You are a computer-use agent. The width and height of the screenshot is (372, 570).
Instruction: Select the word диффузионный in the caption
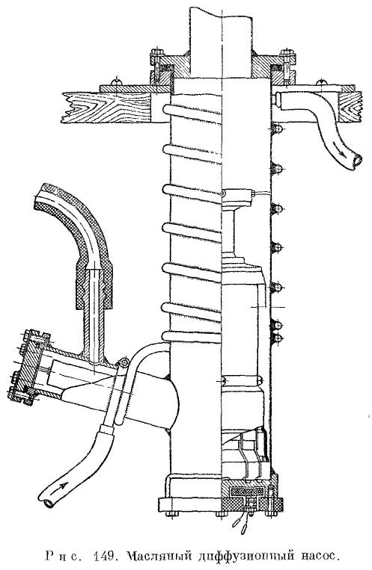(243, 557)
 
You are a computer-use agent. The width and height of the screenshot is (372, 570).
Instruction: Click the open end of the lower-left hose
(47, 503)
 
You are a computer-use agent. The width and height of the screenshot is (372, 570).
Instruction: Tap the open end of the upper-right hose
(359, 159)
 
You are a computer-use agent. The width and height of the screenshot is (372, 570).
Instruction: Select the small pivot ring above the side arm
(125, 362)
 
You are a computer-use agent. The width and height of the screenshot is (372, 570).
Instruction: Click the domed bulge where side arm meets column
(174, 403)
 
